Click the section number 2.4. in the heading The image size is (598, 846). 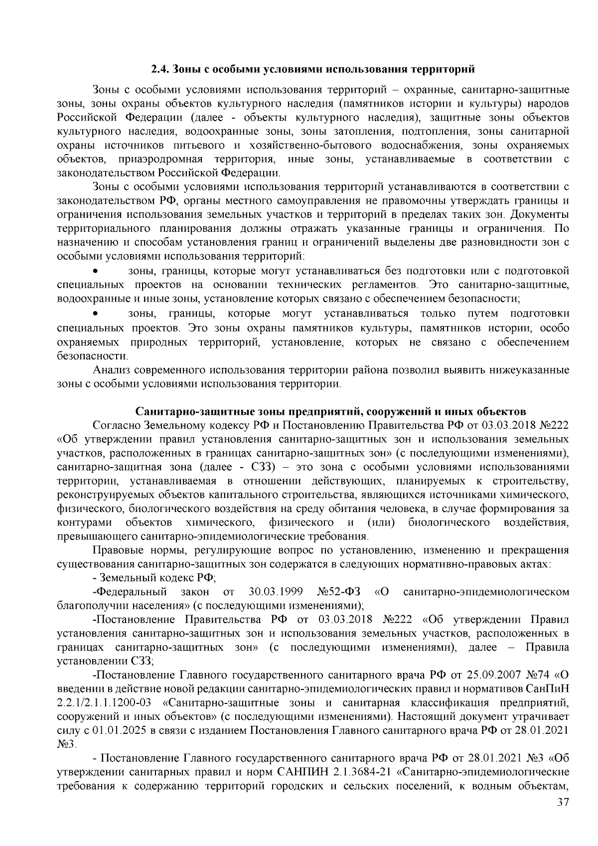(161, 68)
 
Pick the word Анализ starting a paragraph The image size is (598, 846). (110, 371)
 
